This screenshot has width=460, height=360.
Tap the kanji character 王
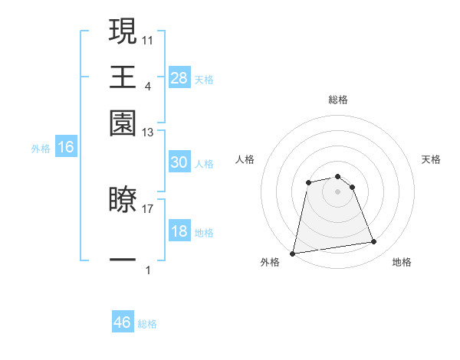(x=123, y=77)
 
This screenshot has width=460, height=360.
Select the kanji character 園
(x=123, y=123)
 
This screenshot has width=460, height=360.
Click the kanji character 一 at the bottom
(x=123, y=260)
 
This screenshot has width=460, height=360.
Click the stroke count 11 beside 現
(x=148, y=38)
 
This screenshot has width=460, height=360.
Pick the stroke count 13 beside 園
(x=148, y=133)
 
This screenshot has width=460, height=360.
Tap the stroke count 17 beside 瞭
(x=148, y=208)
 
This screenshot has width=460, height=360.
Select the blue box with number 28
(x=179, y=77)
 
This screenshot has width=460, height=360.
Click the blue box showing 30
(x=179, y=162)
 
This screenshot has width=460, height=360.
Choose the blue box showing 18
(x=179, y=231)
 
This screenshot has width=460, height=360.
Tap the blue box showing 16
(x=65, y=147)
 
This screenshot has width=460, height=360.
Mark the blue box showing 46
(x=123, y=322)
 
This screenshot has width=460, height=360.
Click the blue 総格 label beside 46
(x=147, y=324)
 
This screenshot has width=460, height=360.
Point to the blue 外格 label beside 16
(x=41, y=149)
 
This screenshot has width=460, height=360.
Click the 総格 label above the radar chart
(x=337, y=100)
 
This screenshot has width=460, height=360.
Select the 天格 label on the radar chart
(x=431, y=159)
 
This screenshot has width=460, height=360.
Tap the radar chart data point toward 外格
(x=293, y=253)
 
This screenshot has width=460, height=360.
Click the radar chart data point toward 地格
(x=373, y=242)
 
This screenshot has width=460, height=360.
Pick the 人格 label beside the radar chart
(x=245, y=159)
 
